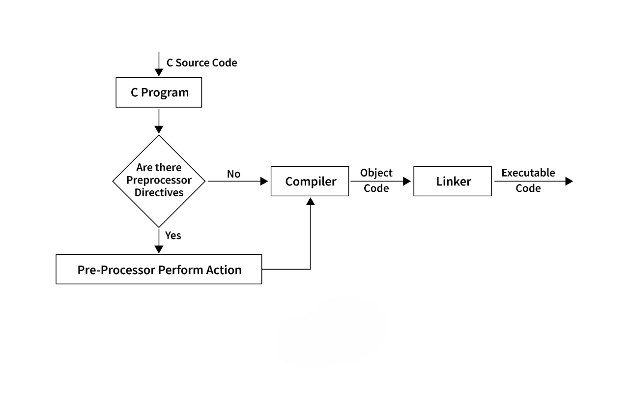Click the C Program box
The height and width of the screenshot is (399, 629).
159,92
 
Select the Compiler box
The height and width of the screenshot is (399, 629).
310,181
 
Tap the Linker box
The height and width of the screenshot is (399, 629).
453,181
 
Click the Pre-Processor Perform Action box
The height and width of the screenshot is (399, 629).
159,269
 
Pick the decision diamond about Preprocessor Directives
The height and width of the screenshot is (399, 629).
159,181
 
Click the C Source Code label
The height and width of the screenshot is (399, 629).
201,63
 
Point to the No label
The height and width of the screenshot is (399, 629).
233,174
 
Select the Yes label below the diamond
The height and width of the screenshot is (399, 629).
173,236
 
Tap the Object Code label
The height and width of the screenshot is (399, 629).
376,181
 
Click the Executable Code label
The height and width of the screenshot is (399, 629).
528,181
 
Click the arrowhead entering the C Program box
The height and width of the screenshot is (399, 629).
159,73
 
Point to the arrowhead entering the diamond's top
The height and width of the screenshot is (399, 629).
159,129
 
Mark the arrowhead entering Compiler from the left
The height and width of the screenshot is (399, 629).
264,181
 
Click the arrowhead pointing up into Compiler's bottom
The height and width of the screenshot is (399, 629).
311,201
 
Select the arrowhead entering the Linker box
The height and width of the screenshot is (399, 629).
407,181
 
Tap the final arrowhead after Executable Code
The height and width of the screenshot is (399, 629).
569,181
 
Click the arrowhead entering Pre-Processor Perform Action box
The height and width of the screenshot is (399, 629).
159,249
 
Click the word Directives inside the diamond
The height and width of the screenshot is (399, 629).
159,192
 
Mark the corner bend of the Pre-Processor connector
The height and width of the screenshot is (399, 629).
311,269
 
